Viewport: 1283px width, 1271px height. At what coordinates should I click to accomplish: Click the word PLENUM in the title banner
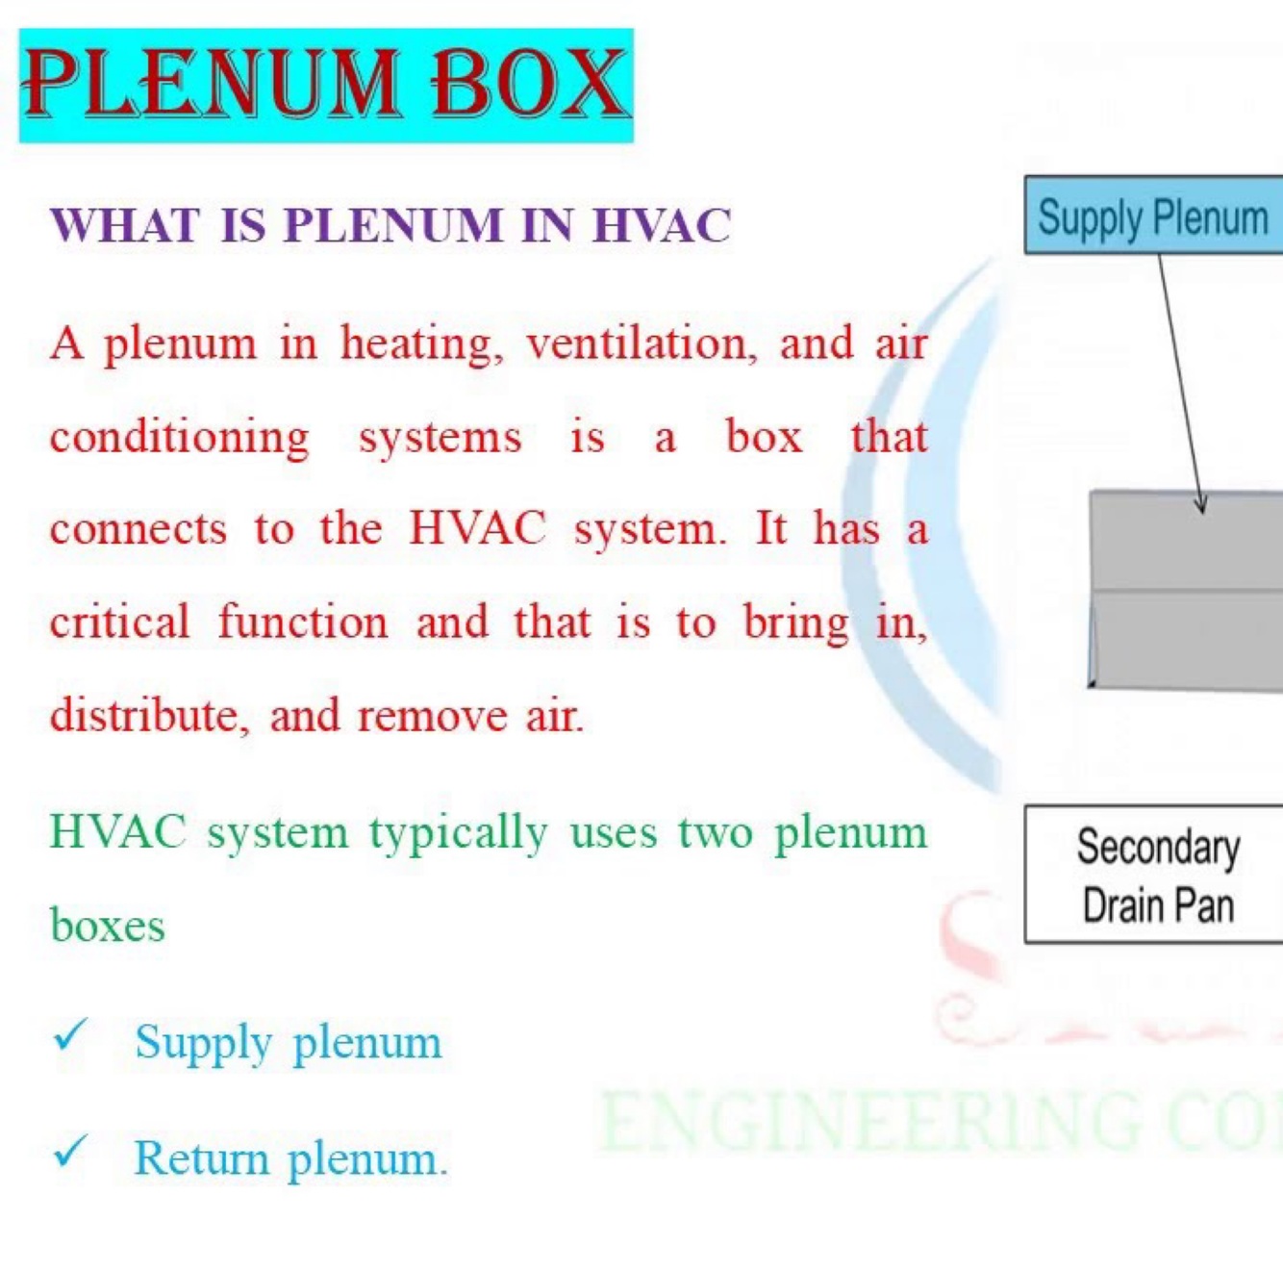coord(212,85)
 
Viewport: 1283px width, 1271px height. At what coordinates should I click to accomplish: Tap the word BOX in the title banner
coord(529,85)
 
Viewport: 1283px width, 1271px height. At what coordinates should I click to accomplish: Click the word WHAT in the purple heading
coord(125,226)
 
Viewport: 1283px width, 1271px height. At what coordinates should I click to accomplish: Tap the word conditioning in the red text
coord(180,438)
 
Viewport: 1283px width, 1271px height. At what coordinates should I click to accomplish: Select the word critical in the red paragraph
coord(120,623)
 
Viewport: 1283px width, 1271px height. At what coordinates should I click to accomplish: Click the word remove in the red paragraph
coord(431,716)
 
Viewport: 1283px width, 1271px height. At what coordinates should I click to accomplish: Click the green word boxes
coord(108,926)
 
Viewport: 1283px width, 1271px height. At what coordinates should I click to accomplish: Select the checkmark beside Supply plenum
coord(70,1035)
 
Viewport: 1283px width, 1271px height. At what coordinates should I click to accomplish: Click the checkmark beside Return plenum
coord(70,1151)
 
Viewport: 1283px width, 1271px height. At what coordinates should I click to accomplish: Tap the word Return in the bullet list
coord(201,1158)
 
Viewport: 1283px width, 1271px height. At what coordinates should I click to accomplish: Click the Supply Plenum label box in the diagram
coord(1153,216)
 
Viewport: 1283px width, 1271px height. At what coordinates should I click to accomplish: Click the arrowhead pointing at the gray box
coord(1199,505)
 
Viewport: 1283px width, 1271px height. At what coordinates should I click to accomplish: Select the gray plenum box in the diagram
coord(1186,589)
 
